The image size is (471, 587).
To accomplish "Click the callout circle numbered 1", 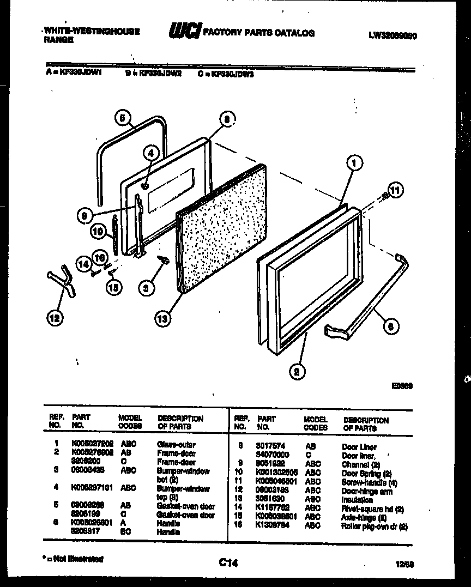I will click(354, 162).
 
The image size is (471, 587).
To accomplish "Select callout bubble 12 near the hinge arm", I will click(55, 318).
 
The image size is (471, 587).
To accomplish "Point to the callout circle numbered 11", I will click(397, 190).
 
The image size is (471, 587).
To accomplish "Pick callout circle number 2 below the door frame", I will click(297, 372).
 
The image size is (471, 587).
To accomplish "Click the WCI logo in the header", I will click(184, 31).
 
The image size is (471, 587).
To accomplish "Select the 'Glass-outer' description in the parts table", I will click(176, 445).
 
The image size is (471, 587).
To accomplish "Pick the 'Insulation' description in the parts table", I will click(357, 500).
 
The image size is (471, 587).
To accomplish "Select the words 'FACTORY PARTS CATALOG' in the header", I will click(258, 33).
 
